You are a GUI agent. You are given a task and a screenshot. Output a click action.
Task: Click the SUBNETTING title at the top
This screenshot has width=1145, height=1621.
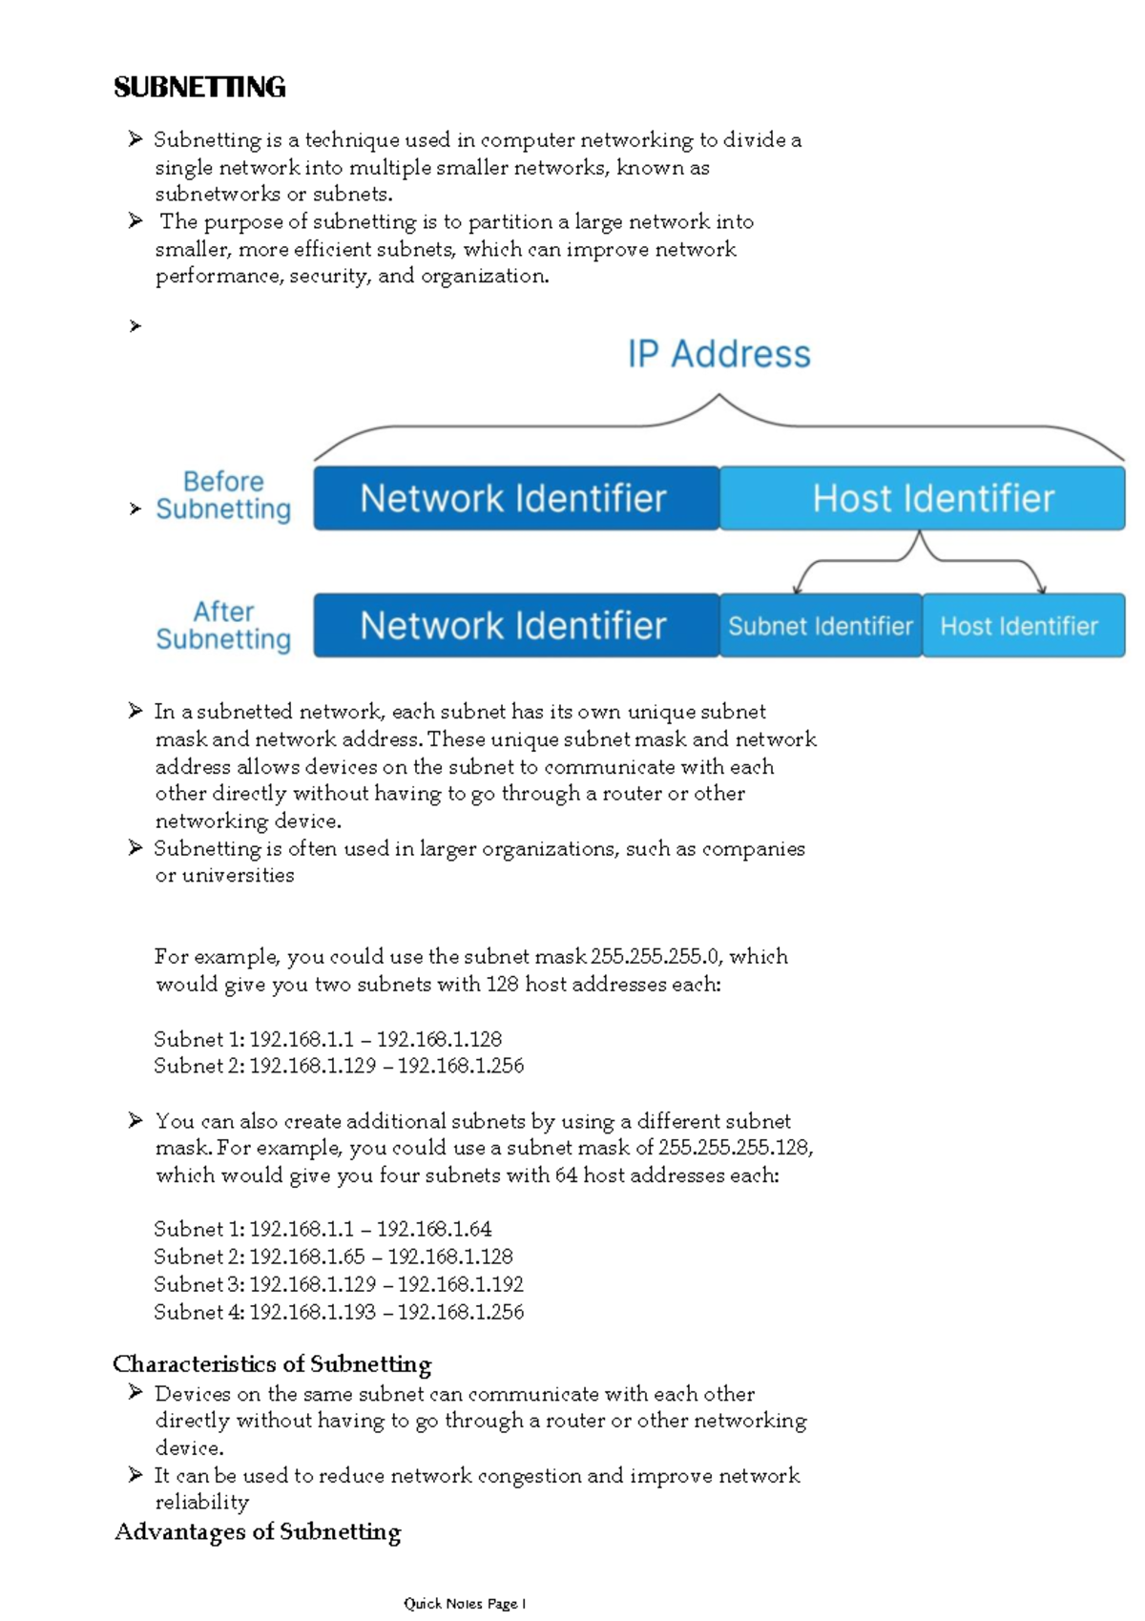pos(199,88)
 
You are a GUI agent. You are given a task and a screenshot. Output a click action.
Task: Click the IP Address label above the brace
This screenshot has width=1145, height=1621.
pos(718,354)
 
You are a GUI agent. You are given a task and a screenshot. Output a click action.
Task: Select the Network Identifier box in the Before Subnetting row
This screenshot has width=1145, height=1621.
pos(515,498)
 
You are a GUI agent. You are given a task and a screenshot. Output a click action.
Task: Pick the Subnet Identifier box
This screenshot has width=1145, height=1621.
pos(821,626)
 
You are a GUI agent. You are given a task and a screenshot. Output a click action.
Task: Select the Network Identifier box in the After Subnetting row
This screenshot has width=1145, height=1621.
pos(515,626)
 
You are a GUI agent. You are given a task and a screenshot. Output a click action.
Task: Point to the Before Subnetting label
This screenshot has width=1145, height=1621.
pos(223,495)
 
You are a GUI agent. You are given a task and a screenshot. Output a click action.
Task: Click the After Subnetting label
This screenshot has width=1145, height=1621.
pos(223,625)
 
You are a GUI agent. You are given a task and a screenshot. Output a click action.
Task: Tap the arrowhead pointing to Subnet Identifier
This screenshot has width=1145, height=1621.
pos(799,588)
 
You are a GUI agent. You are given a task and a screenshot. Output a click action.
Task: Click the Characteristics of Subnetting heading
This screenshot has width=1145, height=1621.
pos(272,1364)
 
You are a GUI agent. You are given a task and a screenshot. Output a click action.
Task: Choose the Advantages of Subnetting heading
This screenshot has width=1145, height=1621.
pos(258,1532)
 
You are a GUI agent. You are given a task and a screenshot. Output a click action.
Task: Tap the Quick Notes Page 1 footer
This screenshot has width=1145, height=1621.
pos(465,1604)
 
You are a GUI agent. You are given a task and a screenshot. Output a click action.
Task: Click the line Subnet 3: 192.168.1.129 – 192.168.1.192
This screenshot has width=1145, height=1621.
pos(339,1284)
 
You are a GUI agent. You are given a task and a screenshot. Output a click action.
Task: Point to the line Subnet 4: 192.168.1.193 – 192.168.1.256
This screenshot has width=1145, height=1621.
pos(339,1312)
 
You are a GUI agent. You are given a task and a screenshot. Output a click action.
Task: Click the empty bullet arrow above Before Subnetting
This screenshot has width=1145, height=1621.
pos(135,326)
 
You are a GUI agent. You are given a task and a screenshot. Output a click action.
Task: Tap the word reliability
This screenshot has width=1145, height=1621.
pos(202,1503)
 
